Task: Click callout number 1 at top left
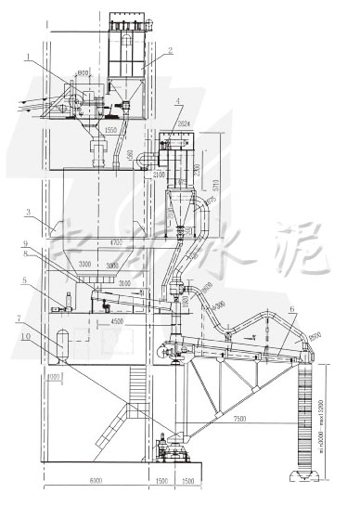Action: coord(29,58)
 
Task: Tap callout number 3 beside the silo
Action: coord(29,212)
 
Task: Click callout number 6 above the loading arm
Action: coord(291,310)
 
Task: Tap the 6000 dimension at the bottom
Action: coord(96,485)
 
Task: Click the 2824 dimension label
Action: coord(184,123)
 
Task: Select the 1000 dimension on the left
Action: coord(53,376)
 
